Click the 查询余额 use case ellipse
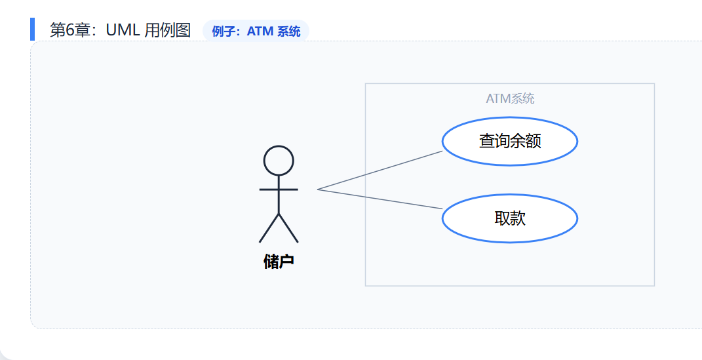pyautogui.click(x=509, y=141)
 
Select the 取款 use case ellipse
pyautogui.click(x=509, y=218)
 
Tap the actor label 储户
pyautogui.click(x=279, y=262)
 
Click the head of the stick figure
pyautogui.click(x=279, y=161)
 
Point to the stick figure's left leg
pyautogui.click(x=269, y=228)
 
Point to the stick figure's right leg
pyautogui.click(x=288, y=228)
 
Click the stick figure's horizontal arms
pyautogui.click(x=279, y=190)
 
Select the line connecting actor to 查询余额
pyautogui.click(x=380, y=170)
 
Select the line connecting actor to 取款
pyautogui.click(x=380, y=199)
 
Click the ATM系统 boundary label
pyautogui.click(x=510, y=99)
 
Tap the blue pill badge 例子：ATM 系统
pyautogui.click(x=256, y=31)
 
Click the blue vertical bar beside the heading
pyautogui.click(x=32, y=30)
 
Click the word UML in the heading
pyautogui.click(x=123, y=30)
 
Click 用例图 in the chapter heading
pyautogui.click(x=167, y=30)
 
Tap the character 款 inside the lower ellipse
pyautogui.click(x=518, y=218)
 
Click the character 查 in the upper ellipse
pyautogui.click(x=486, y=141)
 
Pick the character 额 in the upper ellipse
pyautogui.click(x=534, y=141)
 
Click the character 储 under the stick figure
pyautogui.click(x=271, y=262)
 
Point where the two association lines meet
pyautogui.click(x=318, y=190)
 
